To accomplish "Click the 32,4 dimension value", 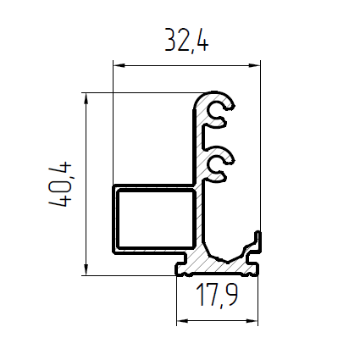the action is (x=186, y=41).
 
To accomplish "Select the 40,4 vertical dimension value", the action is (x=60, y=185).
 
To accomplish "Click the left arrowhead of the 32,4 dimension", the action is (x=119, y=65).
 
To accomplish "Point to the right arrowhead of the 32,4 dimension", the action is (x=254, y=65).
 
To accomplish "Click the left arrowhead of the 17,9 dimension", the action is (x=182, y=321).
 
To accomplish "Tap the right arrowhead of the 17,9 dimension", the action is (x=252, y=321).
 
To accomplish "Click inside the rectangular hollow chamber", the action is (x=156, y=219).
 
